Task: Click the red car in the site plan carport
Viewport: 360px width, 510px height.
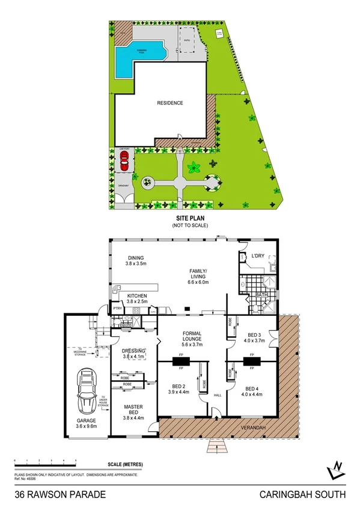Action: coord(124,161)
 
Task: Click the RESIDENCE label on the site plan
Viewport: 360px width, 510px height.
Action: coord(170,103)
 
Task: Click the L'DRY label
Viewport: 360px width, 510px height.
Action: coord(257,257)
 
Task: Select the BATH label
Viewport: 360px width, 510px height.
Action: coord(261,295)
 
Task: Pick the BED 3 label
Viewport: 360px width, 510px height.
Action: coord(252,335)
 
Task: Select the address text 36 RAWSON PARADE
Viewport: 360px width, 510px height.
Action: coord(60,494)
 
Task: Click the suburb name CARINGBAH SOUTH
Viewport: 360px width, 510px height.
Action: coord(302,494)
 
